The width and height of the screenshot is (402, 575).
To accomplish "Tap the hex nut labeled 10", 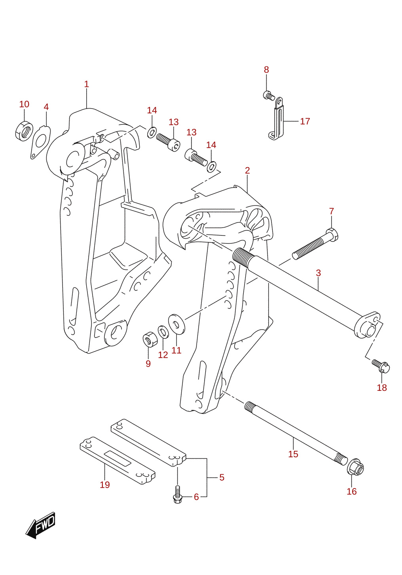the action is [x=24, y=131].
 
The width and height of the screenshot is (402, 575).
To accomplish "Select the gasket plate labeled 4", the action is [x=40, y=142].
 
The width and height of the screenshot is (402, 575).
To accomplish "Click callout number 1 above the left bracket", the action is [x=86, y=84].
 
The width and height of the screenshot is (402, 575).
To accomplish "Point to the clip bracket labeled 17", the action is [x=276, y=119].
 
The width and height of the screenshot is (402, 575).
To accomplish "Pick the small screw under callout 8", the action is [x=269, y=96].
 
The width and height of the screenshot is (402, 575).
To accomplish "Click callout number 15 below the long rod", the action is [x=293, y=454].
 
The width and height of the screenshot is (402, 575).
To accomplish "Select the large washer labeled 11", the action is [x=176, y=324].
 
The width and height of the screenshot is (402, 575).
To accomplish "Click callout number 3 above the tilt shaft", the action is [x=318, y=273].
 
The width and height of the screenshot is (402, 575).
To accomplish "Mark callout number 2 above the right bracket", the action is [x=247, y=170].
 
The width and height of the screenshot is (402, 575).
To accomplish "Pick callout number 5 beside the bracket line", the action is [x=222, y=477].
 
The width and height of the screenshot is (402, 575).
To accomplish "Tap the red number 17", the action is [x=305, y=121].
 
